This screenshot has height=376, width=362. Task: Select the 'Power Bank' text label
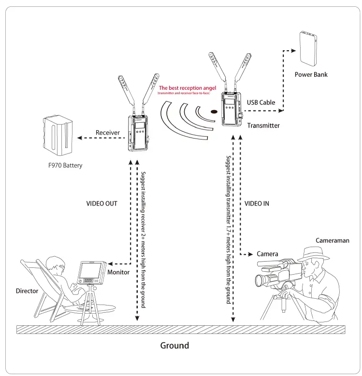click(311, 75)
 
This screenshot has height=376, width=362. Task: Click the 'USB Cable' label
click(261, 102)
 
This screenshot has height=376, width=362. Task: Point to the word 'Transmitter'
click(263, 125)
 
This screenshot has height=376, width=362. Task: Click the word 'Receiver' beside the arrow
click(107, 132)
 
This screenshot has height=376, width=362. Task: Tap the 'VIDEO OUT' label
click(101, 204)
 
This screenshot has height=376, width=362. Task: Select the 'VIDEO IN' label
click(257, 204)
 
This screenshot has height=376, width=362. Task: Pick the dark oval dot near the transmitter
click(214, 113)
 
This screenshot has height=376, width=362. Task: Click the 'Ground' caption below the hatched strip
click(174, 346)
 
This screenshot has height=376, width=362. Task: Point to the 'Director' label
click(27, 291)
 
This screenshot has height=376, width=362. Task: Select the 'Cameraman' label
click(333, 240)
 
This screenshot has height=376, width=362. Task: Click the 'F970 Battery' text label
click(65, 166)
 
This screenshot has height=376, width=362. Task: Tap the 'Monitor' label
click(118, 272)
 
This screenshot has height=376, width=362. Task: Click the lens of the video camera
click(260, 280)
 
